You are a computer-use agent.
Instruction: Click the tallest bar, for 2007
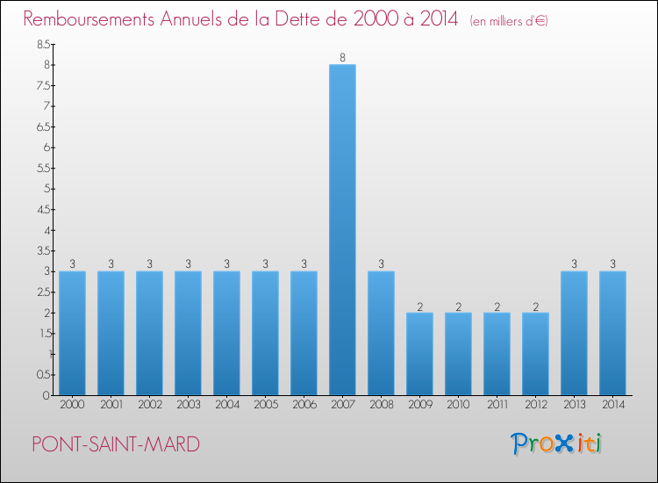(342, 230)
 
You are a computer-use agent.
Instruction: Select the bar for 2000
(72, 333)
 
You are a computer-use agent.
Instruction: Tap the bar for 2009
(419, 354)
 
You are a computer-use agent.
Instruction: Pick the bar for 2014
(612, 333)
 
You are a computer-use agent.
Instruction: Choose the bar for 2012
(535, 354)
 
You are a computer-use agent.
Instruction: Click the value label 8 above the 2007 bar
(342, 58)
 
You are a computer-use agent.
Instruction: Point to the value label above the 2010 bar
(458, 306)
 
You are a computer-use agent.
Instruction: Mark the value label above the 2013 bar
(574, 264)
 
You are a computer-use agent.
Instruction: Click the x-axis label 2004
(226, 405)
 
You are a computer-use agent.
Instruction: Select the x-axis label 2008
(381, 405)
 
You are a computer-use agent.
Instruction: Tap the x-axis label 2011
(497, 405)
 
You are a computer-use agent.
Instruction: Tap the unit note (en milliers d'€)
(509, 20)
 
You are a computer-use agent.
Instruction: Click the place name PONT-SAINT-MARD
(115, 443)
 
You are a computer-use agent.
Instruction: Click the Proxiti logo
(556, 443)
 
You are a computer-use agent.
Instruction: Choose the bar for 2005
(265, 333)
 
